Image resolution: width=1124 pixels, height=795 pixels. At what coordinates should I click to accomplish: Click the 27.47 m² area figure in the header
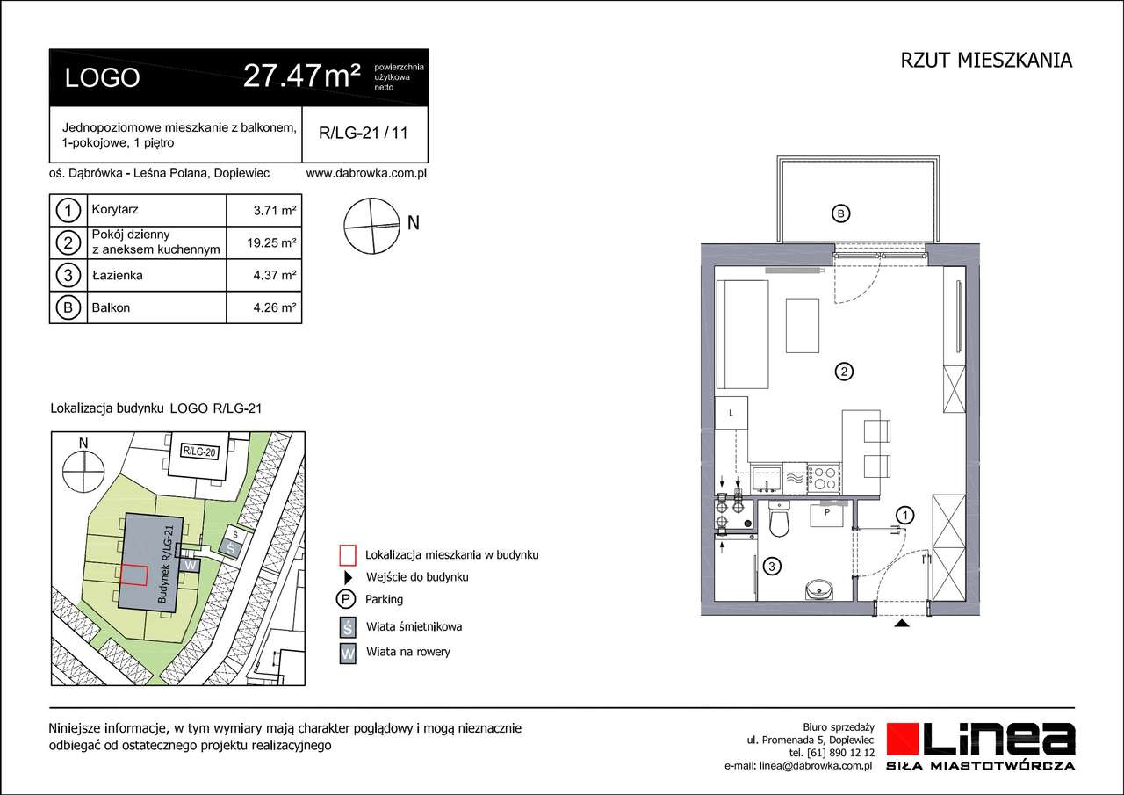pyautogui.click(x=301, y=77)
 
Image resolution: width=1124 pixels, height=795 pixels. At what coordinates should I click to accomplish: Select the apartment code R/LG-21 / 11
pyautogui.click(x=363, y=134)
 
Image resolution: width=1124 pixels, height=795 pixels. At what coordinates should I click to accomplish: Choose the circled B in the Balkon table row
pyautogui.click(x=67, y=308)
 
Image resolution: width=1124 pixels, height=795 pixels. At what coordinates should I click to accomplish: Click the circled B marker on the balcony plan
pyautogui.click(x=840, y=213)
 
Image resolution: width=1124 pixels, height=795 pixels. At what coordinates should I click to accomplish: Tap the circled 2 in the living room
pyautogui.click(x=842, y=372)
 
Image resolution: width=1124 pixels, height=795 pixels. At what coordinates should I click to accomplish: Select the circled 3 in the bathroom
pyautogui.click(x=770, y=567)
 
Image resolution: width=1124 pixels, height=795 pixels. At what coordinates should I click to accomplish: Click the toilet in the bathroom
pyautogui.click(x=778, y=522)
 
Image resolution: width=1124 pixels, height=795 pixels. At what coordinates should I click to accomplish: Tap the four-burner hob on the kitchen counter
pyautogui.click(x=824, y=478)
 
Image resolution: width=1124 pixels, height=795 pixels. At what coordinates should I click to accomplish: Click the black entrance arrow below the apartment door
pyautogui.click(x=900, y=625)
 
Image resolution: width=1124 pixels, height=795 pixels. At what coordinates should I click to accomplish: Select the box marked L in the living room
pyautogui.click(x=731, y=413)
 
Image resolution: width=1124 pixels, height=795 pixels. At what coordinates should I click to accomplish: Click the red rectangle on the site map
pyautogui.click(x=133, y=575)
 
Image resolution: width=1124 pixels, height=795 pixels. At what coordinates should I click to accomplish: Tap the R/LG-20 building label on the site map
pyautogui.click(x=198, y=452)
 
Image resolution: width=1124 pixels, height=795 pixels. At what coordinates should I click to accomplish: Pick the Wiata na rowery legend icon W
pyautogui.click(x=348, y=653)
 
